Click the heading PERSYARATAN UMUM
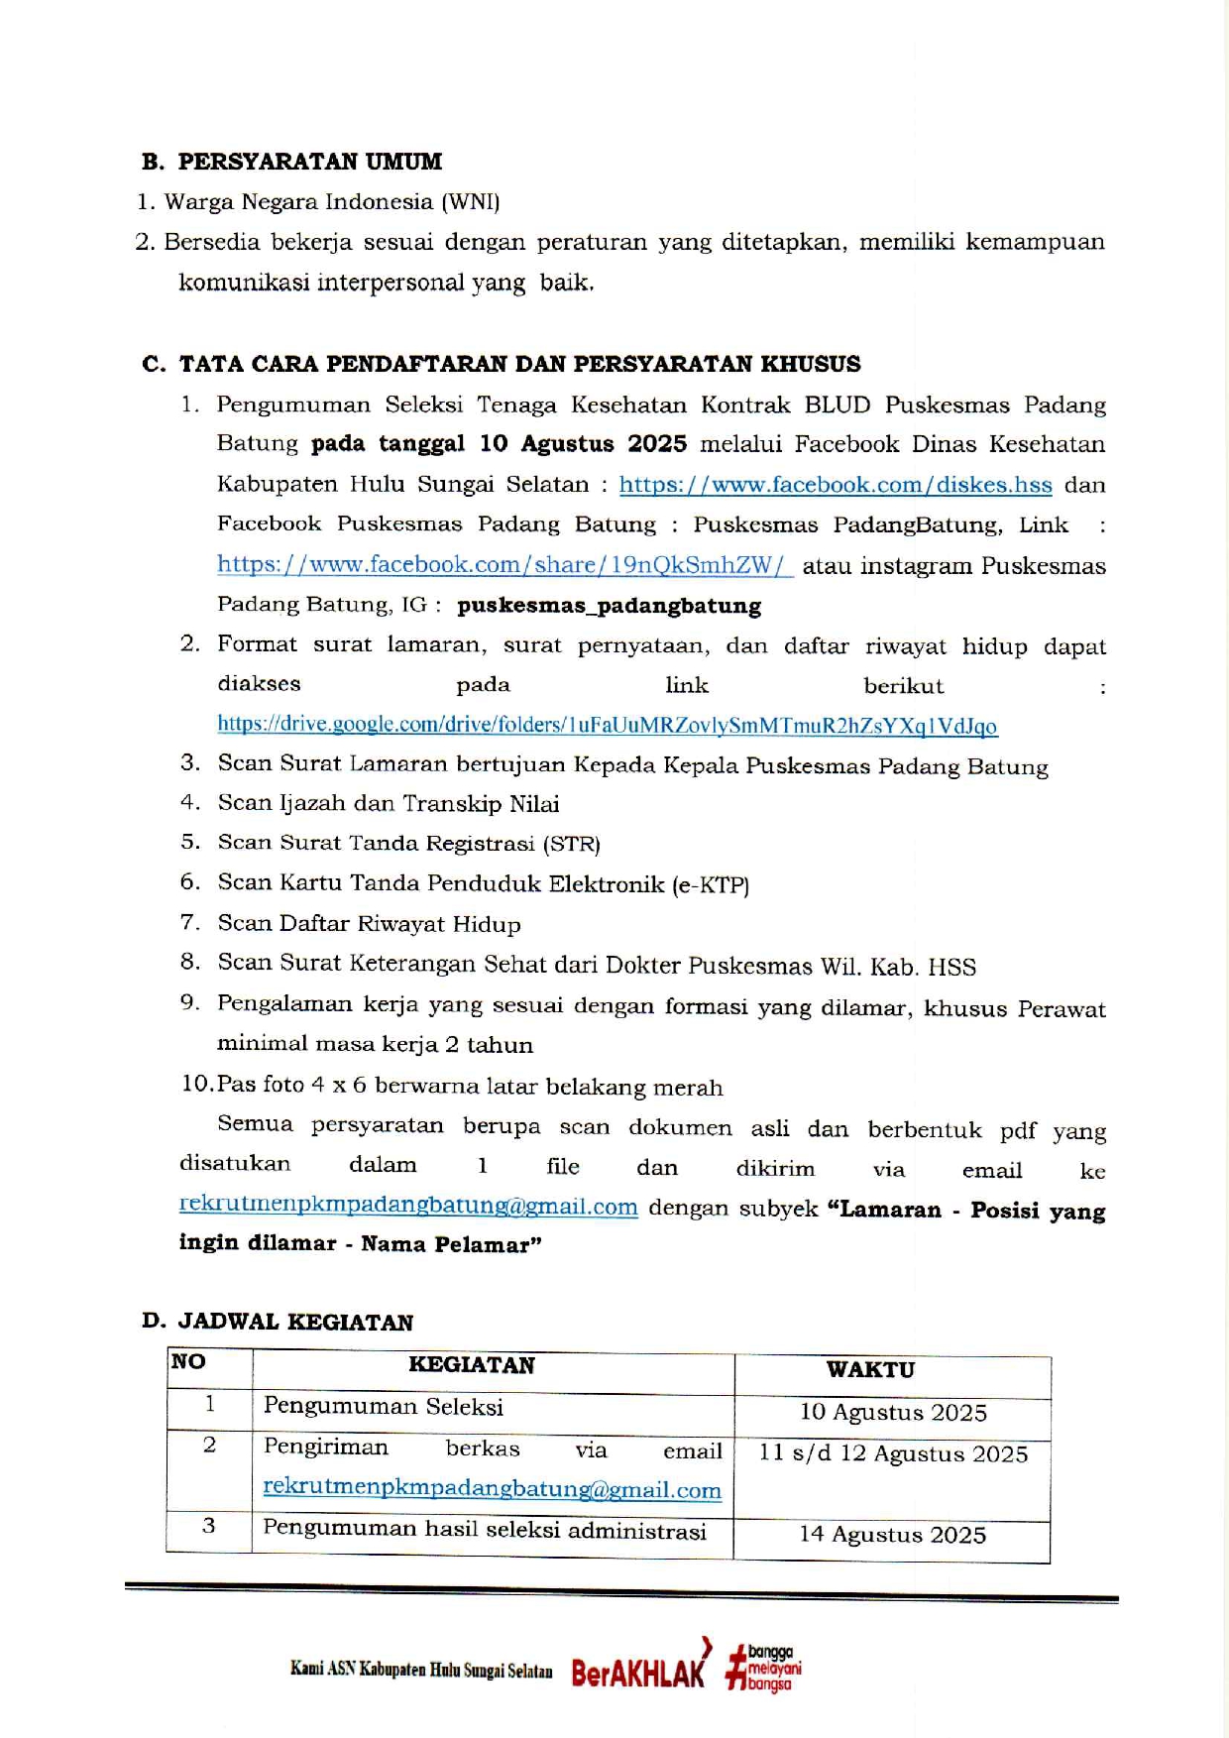tap(309, 162)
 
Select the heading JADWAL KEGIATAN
tap(295, 1322)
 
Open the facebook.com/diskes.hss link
tap(835, 485)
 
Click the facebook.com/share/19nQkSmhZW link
tap(504, 565)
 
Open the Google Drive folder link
tap(607, 725)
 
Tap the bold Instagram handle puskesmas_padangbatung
tap(609, 606)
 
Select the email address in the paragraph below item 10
tap(407, 1207)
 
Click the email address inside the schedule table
tap(492, 1489)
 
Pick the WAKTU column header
tap(870, 1370)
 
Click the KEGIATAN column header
tap(471, 1366)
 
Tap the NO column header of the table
tap(188, 1362)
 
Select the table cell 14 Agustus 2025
tap(892, 1535)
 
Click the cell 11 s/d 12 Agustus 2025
tap(893, 1454)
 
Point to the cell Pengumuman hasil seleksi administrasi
tap(484, 1530)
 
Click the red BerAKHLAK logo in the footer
tap(640, 1672)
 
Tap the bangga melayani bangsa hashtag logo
tap(763, 1669)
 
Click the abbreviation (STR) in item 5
tap(571, 845)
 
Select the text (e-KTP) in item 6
tap(710, 885)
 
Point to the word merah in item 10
tap(690, 1088)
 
